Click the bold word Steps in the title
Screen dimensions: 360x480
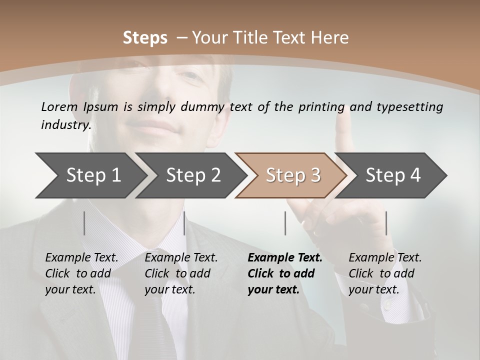point(145,37)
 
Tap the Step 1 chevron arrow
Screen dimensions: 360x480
point(90,175)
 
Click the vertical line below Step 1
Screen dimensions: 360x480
point(84,223)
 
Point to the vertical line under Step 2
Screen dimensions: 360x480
point(184,223)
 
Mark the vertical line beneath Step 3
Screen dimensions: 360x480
point(285,223)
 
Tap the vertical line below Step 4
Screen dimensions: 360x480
point(386,223)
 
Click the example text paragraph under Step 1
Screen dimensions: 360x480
point(81,273)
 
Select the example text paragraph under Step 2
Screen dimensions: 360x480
point(181,273)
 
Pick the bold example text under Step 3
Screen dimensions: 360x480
point(284,273)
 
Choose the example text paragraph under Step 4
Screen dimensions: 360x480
point(385,273)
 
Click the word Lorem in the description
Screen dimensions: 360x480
point(59,106)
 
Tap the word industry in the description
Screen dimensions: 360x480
point(65,124)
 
